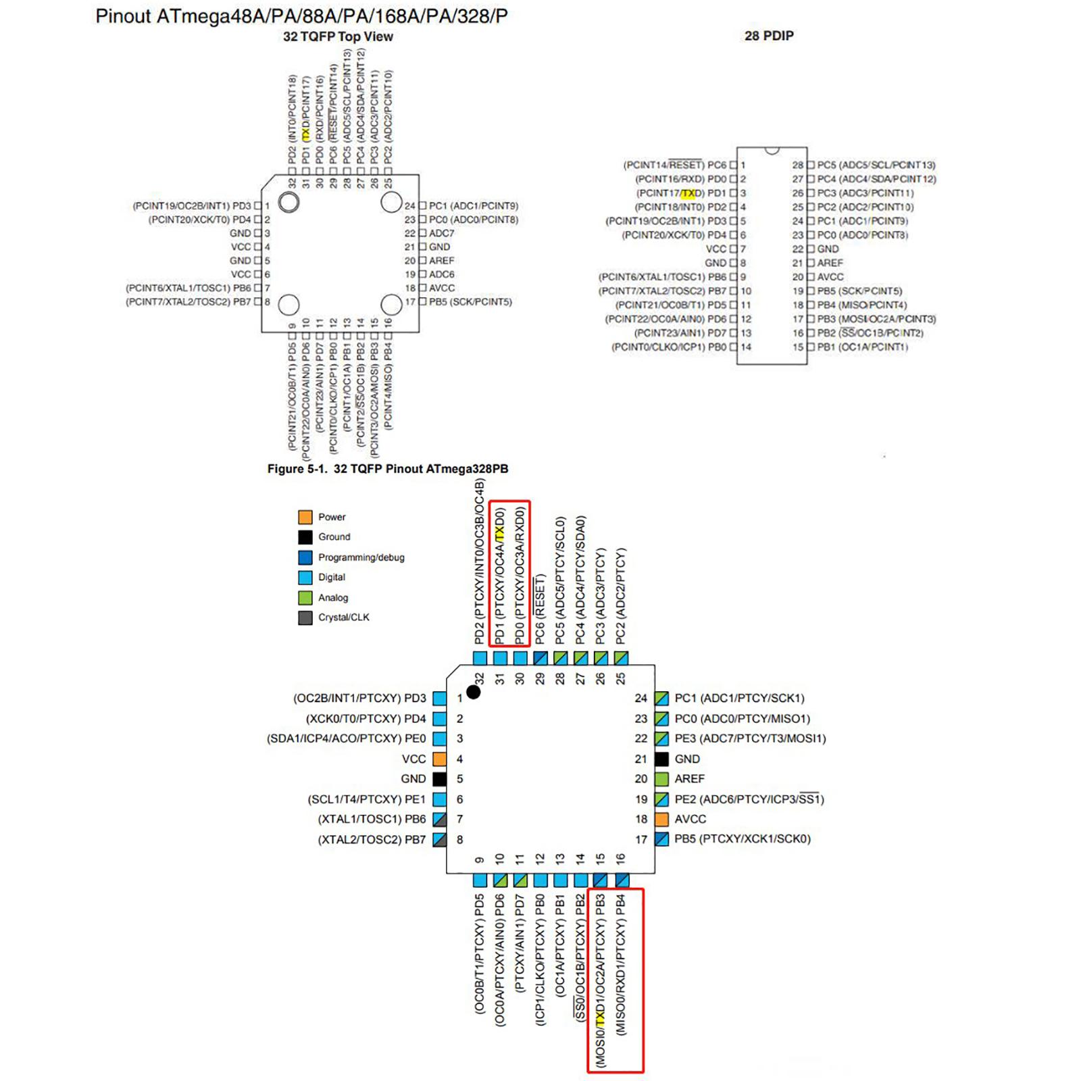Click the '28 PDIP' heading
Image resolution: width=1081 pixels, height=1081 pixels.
[x=769, y=36]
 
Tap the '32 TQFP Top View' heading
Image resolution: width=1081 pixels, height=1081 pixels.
[x=338, y=36]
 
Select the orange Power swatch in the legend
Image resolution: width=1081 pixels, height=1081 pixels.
[x=305, y=517]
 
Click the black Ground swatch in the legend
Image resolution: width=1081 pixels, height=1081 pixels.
[x=305, y=537]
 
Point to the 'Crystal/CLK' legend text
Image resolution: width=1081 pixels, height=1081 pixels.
[x=344, y=618]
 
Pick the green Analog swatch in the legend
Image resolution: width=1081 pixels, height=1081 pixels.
[x=305, y=598]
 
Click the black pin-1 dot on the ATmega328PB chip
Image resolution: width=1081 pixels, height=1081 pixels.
[x=474, y=692]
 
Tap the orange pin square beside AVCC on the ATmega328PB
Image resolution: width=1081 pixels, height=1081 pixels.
[x=661, y=820]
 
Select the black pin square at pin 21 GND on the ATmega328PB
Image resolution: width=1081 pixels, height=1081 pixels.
[x=661, y=759]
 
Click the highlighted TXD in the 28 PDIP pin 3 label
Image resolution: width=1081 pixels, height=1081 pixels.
[x=688, y=193]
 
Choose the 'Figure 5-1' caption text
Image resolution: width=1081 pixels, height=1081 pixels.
[x=387, y=469]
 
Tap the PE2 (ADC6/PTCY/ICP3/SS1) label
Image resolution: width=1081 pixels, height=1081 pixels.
[x=749, y=799]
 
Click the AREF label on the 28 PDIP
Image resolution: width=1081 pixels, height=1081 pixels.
[x=830, y=263]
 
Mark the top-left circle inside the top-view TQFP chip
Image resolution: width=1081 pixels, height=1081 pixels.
[x=289, y=201]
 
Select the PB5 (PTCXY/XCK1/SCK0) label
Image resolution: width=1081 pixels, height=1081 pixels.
[x=742, y=839]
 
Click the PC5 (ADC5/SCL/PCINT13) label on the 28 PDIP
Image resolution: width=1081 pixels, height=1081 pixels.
[x=876, y=165]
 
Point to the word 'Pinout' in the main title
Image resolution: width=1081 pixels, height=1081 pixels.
[x=122, y=16]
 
